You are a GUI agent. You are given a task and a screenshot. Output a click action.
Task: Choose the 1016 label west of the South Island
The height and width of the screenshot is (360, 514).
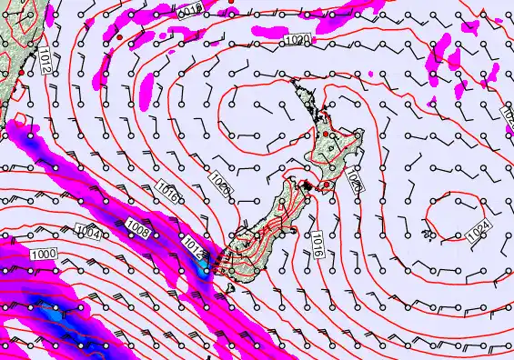pyautogui.click(x=166, y=195)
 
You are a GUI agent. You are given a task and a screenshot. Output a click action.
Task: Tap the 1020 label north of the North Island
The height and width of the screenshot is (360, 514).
pyautogui.click(x=297, y=40)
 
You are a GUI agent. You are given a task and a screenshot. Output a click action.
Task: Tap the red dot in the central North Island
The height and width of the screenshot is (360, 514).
pyautogui.click(x=325, y=135)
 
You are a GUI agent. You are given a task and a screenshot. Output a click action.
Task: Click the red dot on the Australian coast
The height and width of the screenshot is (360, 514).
pyautogui.click(x=19, y=71)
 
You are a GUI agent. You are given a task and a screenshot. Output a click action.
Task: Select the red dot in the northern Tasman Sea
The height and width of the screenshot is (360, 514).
pyautogui.click(x=232, y=2)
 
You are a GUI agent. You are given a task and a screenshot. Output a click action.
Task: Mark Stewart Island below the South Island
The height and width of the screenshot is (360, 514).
pyautogui.click(x=230, y=289)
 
